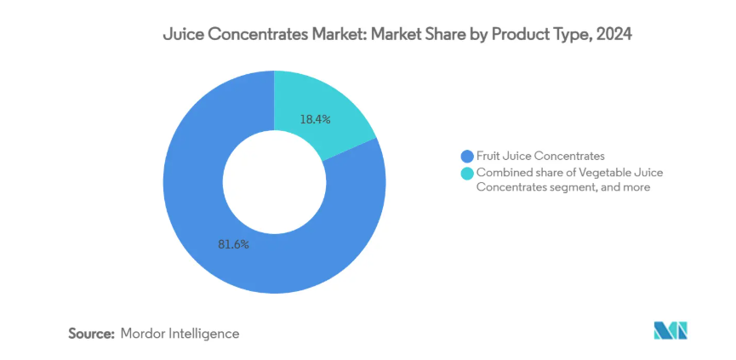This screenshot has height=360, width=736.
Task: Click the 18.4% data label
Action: (314, 120)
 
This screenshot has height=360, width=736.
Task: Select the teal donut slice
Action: (328, 102)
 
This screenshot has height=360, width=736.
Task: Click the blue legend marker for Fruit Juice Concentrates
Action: (466, 156)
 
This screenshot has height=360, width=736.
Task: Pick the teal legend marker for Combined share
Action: (466, 173)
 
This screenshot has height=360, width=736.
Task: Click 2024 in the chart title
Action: (614, 36)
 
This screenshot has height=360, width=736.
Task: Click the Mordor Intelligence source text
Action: (180, 334)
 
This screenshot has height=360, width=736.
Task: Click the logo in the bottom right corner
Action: (670, 331)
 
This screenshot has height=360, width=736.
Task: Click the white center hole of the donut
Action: (274, 182)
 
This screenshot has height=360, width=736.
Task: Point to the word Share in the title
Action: (442, 36)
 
